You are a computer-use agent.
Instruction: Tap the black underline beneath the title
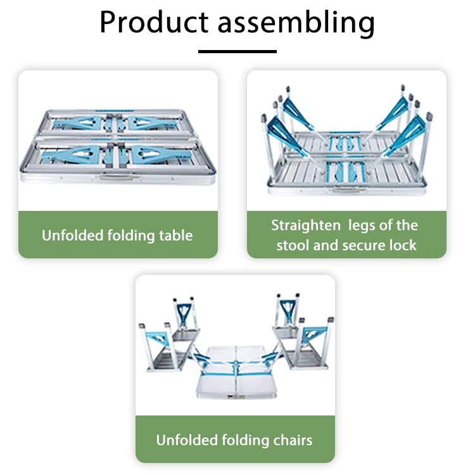point(237,51)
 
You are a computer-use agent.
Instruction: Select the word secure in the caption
point(365,246)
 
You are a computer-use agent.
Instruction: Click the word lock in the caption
point(403,246)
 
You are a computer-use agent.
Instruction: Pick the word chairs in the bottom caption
point(292,440)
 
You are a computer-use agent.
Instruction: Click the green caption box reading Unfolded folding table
point(118,235)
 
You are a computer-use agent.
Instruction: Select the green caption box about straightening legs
point(346,235)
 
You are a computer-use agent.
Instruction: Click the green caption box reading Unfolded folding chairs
point(235,440)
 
